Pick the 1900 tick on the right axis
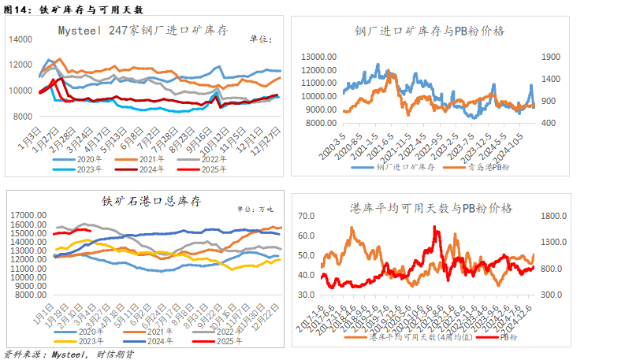pyautogui.click(x=549, y=57)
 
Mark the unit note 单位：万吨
pyautogui.click(x=255, y=209)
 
